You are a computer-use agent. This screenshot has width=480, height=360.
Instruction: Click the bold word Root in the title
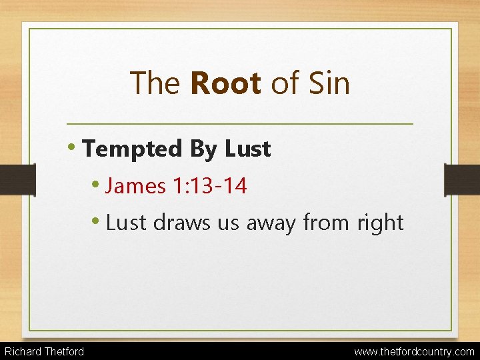(225, 84)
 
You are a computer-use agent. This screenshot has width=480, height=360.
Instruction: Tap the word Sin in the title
(327, 84)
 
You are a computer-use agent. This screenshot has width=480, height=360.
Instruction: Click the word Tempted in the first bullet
(133, 149)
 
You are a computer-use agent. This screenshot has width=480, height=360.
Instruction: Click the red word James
(136, 186)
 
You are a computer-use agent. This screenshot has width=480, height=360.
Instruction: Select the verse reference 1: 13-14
(209, 186)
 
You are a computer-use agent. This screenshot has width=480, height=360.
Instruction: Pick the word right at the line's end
(381, 223)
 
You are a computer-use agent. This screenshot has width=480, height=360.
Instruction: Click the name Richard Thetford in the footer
(45, 351)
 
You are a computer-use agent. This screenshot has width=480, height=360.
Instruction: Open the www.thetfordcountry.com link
(414, 351)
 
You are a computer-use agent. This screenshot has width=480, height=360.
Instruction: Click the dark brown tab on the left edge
(17, 179)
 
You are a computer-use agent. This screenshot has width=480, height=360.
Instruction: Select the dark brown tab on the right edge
(462, 179)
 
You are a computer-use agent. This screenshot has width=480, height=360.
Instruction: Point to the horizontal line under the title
(240, 124)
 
